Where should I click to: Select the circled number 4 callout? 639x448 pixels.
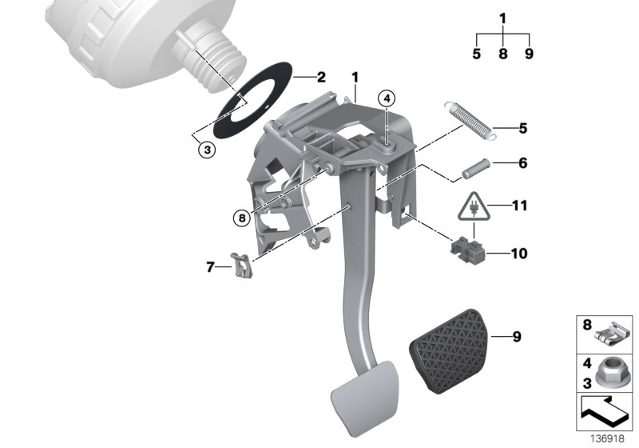point(387,99)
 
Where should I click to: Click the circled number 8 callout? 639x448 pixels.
point(242,216)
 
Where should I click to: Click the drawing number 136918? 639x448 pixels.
point(609,439)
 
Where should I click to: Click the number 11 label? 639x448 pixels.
point(520,206)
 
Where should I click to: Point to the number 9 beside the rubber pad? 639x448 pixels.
point(517,337)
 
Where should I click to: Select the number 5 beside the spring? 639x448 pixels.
point(523,127)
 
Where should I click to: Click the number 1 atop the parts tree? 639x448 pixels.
point(503,18)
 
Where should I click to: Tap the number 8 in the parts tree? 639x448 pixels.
point(503,54)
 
